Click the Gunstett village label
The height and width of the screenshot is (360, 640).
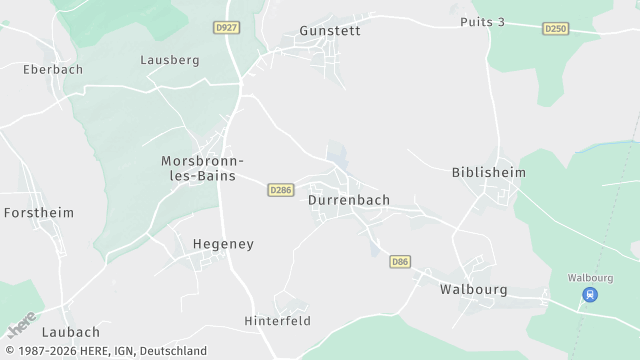coord(330,31)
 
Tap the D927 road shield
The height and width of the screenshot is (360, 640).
coord(227,28)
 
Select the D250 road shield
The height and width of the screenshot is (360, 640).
coord(556,29)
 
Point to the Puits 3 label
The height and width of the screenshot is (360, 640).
coord(482,22)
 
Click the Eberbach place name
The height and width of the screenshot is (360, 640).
coord(53,70)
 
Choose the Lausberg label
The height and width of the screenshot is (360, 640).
coord(170,60)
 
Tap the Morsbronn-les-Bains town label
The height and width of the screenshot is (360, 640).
coord(203,167)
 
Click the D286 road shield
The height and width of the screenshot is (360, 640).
coord(281,189)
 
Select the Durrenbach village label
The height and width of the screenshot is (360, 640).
coord(349,200)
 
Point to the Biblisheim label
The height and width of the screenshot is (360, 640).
coord(489,172)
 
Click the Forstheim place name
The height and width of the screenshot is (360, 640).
coord(39,213)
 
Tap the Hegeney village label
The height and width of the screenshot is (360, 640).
coord(223,244)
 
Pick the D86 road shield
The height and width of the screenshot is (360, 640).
coord(400,262)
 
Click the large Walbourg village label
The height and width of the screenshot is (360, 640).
coord(474,290)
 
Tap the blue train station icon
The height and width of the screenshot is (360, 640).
coord(590,295)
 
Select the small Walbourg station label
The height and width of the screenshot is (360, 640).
coord(590,277)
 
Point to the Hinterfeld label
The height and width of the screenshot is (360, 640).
coord(278,321)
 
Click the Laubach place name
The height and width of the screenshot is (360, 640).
coord(71,332)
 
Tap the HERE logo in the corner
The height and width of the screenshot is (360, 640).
coord(22,324)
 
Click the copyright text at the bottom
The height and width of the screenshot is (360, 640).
coord(104,351)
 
